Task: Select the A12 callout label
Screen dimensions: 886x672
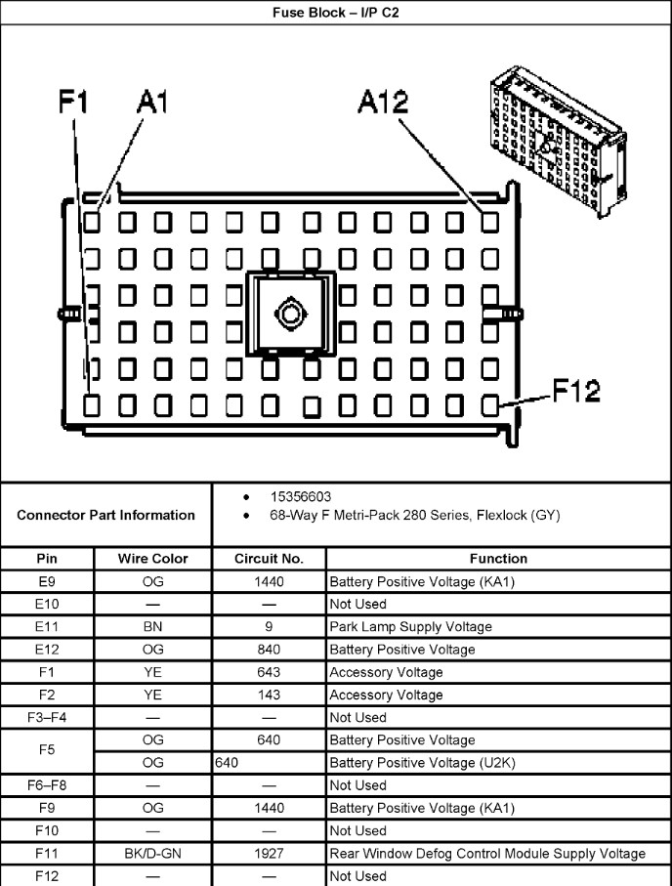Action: point(383,102)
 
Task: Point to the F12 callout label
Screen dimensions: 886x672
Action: point(576,390)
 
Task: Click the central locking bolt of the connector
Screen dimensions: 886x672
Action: point(291,314)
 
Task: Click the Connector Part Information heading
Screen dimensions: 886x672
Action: point(105,515)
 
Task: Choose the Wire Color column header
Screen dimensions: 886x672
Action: point(152,559)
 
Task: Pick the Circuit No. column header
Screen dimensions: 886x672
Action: point(269,559)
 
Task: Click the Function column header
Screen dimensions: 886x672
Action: point(498,559)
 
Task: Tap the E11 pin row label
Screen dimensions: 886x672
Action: point(47,627)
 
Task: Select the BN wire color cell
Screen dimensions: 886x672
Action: point(152,627)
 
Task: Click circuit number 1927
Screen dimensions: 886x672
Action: point(269,854)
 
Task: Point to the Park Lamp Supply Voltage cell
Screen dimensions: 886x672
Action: point(410,627)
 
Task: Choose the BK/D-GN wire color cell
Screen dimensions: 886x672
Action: point(152,854)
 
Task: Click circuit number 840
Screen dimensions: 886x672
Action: point(269,650)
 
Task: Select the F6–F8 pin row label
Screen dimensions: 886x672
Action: point(47,785)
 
